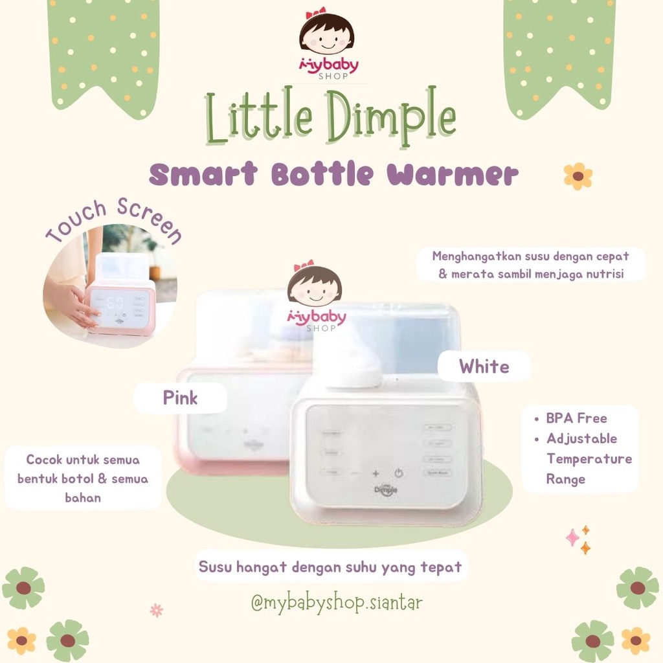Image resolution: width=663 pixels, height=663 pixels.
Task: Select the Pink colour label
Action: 180,398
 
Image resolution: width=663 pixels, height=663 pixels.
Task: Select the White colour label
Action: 484,366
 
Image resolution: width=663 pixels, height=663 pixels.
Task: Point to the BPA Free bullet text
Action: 576,418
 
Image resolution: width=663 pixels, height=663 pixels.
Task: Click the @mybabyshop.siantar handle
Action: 337,603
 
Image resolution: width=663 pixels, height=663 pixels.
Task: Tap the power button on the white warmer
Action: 399,473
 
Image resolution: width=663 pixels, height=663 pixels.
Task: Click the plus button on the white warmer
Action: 376,473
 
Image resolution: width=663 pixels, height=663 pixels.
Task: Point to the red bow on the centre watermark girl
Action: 303,265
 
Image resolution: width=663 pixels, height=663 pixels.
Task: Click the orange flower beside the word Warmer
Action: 578,176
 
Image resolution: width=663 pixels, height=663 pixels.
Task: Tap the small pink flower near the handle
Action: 156,609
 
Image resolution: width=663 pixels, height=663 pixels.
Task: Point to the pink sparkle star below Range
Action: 572,537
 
